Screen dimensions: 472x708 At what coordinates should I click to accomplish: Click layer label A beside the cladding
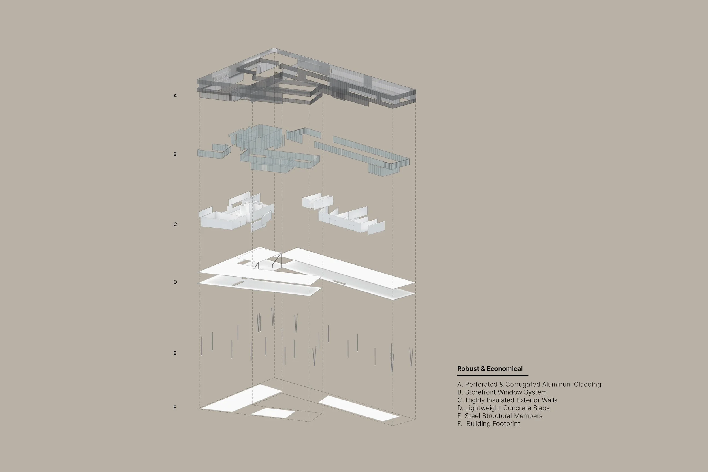[x=175, y=96]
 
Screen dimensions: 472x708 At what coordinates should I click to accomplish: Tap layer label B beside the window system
[x=175, y=154]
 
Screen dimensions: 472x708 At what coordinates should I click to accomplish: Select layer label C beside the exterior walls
[x=175, y=224]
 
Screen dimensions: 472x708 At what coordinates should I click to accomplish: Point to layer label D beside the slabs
[x=175, y=282]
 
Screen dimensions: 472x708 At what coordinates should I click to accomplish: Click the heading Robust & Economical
[x=490, y=369]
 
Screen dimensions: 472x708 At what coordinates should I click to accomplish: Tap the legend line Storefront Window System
[x=502, y=392]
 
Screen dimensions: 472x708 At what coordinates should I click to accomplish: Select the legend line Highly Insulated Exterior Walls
[x=507, y=400]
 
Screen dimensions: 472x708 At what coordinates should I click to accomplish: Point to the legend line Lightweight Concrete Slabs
[x=503, y=408]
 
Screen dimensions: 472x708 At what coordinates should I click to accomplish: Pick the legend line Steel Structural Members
[x=500, y=416]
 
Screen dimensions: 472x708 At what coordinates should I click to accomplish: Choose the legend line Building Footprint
[x=489, y=424]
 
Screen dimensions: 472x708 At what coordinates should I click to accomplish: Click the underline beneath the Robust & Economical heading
[x=492, y=375]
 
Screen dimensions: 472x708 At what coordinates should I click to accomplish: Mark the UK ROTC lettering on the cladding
[x=245, y=98]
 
